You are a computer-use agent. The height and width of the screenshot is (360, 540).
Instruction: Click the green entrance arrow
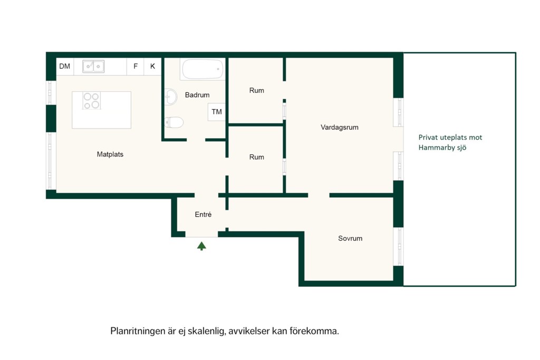[201, 246]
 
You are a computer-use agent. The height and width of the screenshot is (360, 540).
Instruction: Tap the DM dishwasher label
[64, 66]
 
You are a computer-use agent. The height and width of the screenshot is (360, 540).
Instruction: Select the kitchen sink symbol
[93, 66]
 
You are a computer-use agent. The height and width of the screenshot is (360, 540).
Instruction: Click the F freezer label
[136, 66]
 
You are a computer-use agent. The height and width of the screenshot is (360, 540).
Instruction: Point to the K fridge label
[152, 66]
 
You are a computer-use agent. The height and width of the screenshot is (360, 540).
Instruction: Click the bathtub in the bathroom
[202, 69]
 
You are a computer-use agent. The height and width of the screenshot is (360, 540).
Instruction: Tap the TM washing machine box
[217, 112]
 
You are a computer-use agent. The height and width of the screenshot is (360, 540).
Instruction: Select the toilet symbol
[174, 122]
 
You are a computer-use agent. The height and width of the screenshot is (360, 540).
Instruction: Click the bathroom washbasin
[170, 96]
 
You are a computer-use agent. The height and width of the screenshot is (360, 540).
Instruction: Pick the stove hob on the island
[92, 101]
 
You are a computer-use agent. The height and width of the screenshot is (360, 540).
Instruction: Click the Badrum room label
[197, 95]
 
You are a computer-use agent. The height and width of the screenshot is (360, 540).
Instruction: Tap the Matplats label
[110, 154]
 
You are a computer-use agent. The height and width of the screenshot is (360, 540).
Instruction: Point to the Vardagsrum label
[340, 128]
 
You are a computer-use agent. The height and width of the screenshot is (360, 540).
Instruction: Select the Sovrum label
[350, 238]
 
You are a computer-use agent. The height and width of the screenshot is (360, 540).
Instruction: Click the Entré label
[203, 215]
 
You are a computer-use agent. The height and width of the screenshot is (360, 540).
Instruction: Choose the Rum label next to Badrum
[257, 91]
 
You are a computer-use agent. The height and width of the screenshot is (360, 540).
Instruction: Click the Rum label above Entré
[257, 157]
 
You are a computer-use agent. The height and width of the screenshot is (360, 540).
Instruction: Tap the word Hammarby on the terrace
[433, 148]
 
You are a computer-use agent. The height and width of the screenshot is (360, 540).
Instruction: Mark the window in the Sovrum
[399, 247]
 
